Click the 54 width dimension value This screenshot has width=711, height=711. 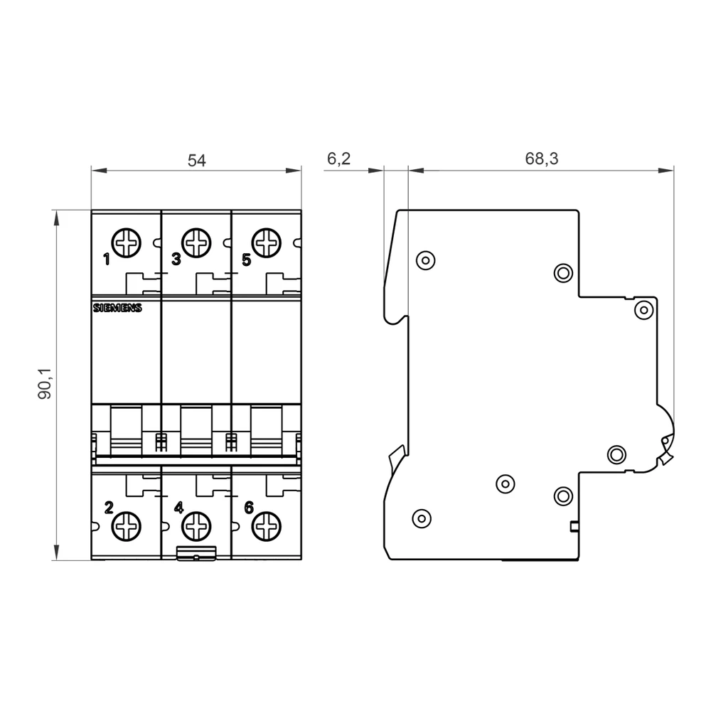(196, 161)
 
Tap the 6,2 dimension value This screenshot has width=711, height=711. (338, 159)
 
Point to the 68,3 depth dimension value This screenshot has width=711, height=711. (542, 159)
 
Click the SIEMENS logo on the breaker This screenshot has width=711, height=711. (117, 308)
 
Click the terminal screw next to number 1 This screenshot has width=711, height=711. (127, 242)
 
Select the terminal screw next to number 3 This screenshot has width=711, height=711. (196, 242)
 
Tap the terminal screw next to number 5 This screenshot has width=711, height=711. (266, 242)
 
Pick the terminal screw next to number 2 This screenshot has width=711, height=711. (127, 527)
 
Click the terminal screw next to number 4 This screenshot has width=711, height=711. (196, 527)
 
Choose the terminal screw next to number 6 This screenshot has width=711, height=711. (266, 527)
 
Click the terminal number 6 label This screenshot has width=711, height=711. (248, 508)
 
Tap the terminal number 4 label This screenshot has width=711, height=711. (178, 508)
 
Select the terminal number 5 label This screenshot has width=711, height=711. (246, 260)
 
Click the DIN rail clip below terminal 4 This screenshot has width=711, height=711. (196, 554)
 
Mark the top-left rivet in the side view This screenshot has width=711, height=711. (425, 260)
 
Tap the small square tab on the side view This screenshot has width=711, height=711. (574, 527)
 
